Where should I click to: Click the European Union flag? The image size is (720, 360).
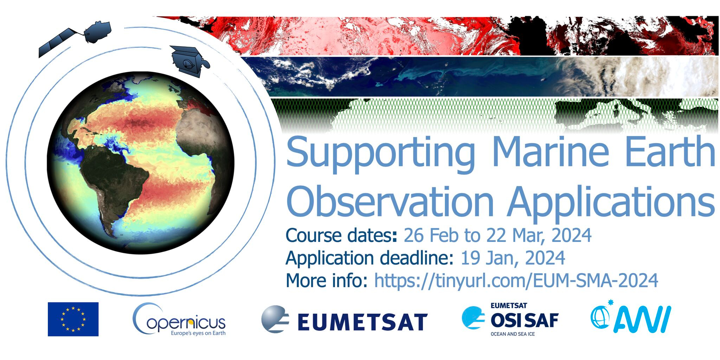[x=73, y=319]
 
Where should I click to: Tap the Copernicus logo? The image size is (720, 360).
[x=179, y=320]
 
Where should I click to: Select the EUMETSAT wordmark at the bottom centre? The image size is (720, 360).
[x=362, y=322]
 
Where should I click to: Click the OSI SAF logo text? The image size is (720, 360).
[x=524, y=320]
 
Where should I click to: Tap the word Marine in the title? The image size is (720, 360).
[x=550, y=151]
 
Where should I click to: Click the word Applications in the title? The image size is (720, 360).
[x=611, y=204]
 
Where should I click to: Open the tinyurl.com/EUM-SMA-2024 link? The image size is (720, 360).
[x=516, y=280]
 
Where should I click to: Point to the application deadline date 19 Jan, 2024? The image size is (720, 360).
[x=513, y=258]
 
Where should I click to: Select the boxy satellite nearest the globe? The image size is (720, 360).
[x=189, y=61]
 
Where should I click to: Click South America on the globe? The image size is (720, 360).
[x=116, y=183]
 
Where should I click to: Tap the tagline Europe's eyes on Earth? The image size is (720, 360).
[x=198, y=333]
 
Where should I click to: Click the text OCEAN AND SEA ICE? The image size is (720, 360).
[x=513, y=334]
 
